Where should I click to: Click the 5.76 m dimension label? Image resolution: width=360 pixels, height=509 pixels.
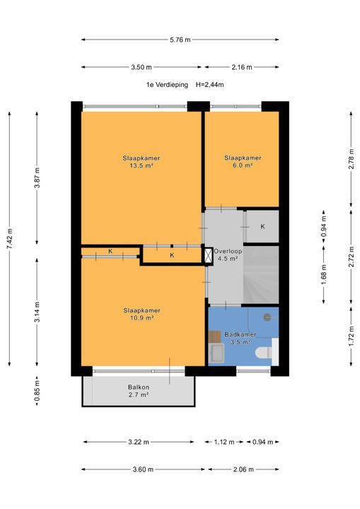click(x=180, y=40)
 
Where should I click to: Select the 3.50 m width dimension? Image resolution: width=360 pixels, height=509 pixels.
click(x=141, y=68)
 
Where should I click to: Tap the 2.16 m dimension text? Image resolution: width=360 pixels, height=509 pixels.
click(x=242, y=68)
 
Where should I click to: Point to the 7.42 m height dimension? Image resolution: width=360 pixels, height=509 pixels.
click(x=10, y=239)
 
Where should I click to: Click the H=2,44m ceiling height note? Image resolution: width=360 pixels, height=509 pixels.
click(x=209, y=85)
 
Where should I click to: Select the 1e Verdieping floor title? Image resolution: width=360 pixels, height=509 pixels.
click(x=167, y=85)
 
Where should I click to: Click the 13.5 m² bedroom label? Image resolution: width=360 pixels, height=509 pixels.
click(x=141, y=162)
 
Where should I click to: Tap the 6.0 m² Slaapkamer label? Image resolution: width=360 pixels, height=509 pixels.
click(x=243, y=162)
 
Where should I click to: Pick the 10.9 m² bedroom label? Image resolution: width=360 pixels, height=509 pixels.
click(x=141, y=314)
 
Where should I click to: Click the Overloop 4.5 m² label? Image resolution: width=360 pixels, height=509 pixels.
click(x=228, y=255)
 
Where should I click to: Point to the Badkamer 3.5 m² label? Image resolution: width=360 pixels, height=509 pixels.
click(x=240, y=338)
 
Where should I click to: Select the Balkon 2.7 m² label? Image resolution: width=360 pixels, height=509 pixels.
click(x=139, y=391)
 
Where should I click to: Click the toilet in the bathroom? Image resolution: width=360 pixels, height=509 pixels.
click(x=263, y=353)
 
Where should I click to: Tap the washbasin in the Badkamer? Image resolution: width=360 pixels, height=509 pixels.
click(x=216, y=353)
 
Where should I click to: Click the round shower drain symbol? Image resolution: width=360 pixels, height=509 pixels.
click(x=267, y=317)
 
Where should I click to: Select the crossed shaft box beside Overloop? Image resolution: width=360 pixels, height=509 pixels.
click(x=207, y=255)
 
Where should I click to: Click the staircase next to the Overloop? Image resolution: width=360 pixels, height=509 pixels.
click(x=261, y=275)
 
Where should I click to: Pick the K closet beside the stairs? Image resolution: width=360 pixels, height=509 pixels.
click(x=262, y=227)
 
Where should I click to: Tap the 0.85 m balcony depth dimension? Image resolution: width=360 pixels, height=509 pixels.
click(x=37, y=392)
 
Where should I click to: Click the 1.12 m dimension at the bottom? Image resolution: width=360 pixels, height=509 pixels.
click(x=224, y=442)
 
